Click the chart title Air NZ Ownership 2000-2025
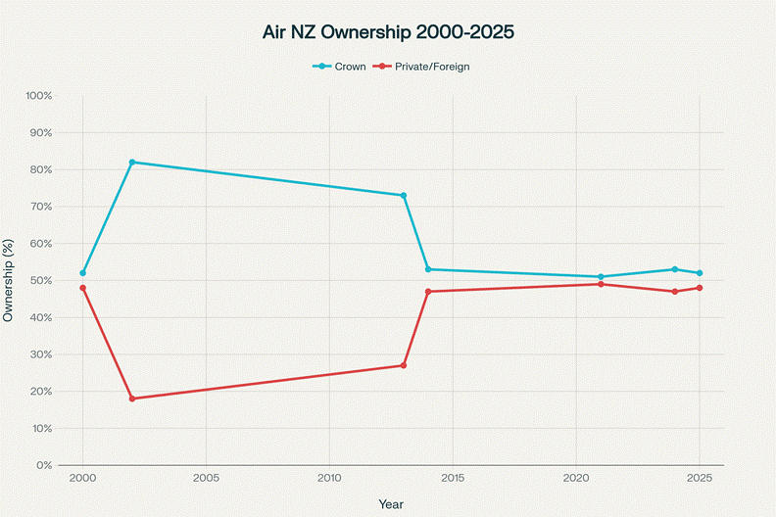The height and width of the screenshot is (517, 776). (x=388, y=32)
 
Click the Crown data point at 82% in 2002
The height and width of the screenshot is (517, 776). (x=132, y=162)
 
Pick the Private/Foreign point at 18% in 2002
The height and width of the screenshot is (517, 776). (x=132, y=399)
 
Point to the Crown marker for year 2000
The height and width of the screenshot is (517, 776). (x=83, y=273)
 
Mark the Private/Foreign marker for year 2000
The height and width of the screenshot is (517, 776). (x=83, y=288)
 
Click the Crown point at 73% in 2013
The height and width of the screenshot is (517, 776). (x=404, y=195)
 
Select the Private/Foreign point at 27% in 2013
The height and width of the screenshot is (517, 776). (x=404, y=365)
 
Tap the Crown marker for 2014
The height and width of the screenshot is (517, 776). (x=428, y=269)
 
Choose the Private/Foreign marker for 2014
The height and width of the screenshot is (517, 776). (x=428, y=292)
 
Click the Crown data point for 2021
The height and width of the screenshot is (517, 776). (x=601, y=277)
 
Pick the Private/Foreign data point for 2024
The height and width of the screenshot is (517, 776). (x=675, y=292)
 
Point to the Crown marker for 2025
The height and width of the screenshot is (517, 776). (x=700, y=273)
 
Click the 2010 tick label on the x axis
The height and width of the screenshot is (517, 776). (x=329, y=479)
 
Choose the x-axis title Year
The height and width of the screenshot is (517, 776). (x=391, y=503)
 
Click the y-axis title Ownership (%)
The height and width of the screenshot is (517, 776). (x=10, y=280)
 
